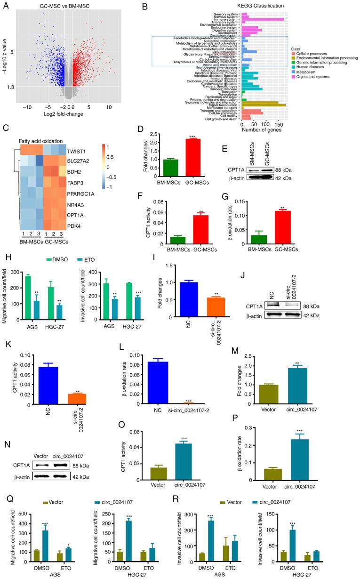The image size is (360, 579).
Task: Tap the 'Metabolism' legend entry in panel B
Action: pyautogui.click(x=310, y=70)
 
